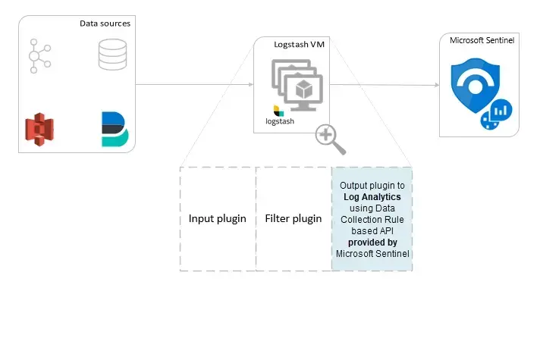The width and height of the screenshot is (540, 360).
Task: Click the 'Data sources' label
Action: (x=105, y=23)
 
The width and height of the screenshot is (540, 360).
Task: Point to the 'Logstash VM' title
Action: (x=300, y=45)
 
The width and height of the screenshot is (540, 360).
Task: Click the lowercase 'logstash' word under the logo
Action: (x=280, y=121)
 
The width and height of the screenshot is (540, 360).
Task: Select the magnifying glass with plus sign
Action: (x=329, y=139)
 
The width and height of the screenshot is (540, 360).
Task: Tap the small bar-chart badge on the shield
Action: (x=497, y=114)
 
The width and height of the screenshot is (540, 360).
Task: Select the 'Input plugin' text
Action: (x=218, y=218)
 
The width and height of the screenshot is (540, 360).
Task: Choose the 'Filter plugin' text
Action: (x=294, y=218)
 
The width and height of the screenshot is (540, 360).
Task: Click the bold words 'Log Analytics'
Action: (x=372, y=197)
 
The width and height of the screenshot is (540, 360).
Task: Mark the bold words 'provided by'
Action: (x=372, y=243)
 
